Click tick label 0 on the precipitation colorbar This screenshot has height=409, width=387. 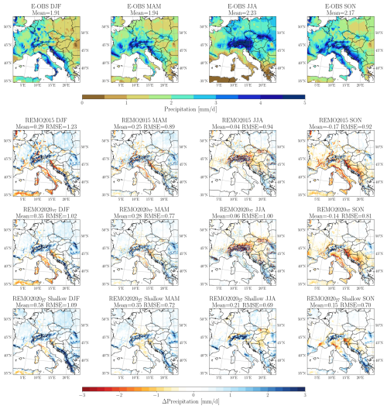(x=83, y=101)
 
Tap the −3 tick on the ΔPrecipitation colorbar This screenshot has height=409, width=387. (x=81, y=394)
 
